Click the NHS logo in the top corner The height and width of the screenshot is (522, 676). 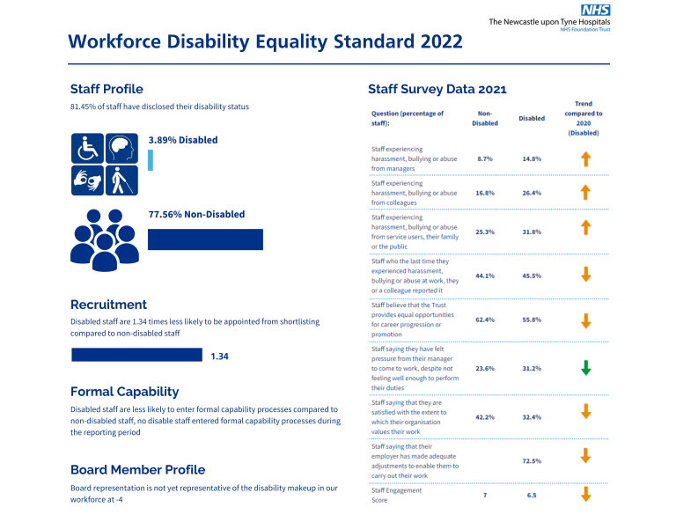click(x=595, y=10)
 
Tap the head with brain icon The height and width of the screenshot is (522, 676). click(x=121, y=149)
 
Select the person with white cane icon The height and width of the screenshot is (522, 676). click(x=121, y=181)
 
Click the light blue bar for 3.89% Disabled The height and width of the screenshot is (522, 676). click(x=151, y=160)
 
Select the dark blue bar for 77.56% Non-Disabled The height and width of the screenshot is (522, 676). click(x=205, y=239)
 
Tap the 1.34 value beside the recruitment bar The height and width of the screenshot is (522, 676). click(x=220, y=357)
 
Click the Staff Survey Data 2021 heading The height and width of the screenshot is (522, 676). click(x=437, y=89)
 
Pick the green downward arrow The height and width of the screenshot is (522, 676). click(x=585, y=368)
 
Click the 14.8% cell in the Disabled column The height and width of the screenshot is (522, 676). click(x=531, y=159)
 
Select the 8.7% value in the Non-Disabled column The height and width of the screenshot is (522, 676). click(x=484, y=159)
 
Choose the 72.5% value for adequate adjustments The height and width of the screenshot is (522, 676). click(x=531, y=460)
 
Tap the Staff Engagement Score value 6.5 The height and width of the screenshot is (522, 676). click(x=531, y=496)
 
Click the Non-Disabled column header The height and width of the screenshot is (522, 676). click(x=485, y=118)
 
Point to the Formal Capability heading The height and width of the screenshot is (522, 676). click(x=124, y=392)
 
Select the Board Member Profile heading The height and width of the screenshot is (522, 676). click(x=137, y=469)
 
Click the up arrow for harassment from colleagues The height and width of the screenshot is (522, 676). click(x=585, y=193)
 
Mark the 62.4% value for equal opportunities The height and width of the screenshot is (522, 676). click(x=484, y=320)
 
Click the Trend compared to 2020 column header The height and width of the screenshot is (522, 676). click(x=584, y=118)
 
